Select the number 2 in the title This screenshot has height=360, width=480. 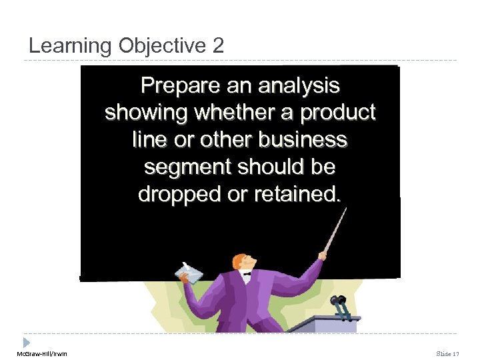[x=218, y=46]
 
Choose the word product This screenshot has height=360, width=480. [x=338, y=113]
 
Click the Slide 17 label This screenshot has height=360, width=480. [x=448, y=353]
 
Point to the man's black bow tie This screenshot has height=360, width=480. [x=247, y=273]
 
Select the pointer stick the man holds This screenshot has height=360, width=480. [x=335, y=230]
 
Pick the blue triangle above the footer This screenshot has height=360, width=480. [x=26, y=342]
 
